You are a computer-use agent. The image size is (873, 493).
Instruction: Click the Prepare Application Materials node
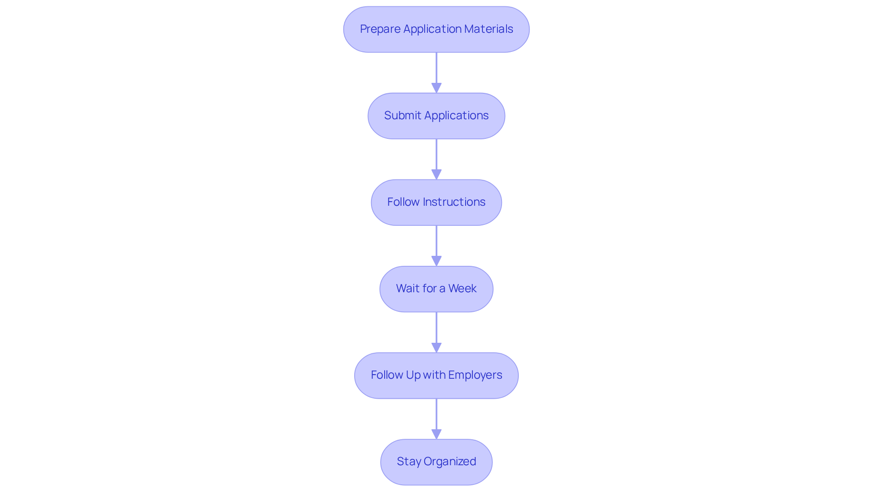[436, 30]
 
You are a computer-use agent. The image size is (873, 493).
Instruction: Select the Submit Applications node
[436, 116]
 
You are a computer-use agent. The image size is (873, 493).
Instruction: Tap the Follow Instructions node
[436, 203]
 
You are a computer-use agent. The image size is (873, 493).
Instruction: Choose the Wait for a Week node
[436, 289]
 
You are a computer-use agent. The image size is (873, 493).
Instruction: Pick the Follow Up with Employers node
[436, 376]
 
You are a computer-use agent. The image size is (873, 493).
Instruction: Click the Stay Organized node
[436, 462]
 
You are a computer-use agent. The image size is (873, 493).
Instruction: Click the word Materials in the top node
[489, 29]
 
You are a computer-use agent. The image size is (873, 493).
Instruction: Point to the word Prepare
[380, 29]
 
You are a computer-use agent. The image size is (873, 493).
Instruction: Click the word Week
[462, 289]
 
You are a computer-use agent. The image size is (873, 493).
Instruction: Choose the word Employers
[475, 375]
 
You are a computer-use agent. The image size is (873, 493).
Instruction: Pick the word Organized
[450, 462]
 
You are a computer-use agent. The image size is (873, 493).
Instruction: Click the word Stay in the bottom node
[409, 462]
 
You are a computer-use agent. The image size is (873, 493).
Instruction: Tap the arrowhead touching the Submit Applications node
[436, 88]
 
